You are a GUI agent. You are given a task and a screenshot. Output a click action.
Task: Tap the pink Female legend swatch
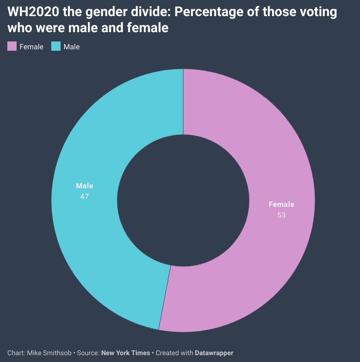[12, 47]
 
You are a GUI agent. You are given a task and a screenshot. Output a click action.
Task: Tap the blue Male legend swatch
[56, 47]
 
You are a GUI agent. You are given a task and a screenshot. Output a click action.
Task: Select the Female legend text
[31, 47]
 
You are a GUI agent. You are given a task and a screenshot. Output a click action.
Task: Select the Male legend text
[71, 47]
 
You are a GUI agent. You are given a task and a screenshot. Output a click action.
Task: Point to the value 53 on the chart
[281, 215]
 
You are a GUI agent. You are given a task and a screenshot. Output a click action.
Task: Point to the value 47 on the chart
[85, 196]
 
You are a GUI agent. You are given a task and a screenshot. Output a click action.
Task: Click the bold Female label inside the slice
[281, 204]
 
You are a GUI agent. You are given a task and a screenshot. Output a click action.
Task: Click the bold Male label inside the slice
[85, 186]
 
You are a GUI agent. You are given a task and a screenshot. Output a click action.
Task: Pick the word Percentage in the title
[205, 12]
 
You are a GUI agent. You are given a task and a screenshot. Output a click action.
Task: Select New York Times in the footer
[126, 352]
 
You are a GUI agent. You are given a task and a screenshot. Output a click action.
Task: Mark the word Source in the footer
[88, 352]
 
